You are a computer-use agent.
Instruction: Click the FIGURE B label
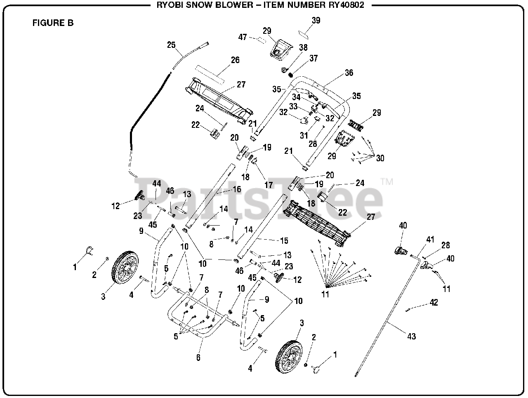(x=53, y=23)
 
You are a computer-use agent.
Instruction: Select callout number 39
(x=316, y=21)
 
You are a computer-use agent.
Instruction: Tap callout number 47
(x=243, y=37)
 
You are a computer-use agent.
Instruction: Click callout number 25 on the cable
(x=171, y=45)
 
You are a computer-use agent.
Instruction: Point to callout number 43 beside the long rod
(x=411, y=336)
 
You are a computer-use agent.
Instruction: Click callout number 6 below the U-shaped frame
(x=198, y=358)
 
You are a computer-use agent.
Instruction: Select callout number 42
(x=434, y=302)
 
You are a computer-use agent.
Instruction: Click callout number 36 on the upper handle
(x=349, y=73)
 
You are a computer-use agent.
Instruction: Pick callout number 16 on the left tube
(x=237, y=189)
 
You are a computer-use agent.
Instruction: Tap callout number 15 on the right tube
(x=284, y=240)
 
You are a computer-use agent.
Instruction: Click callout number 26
(x=235, y=60)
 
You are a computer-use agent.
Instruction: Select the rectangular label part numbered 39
(x=306, y=31)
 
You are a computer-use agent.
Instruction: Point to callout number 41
(x=430, y=239)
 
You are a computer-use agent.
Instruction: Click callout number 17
(x=269, y=185)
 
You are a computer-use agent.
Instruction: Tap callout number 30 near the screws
(x=379, y=158)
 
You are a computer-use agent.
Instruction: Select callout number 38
(x=303, y=47)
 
